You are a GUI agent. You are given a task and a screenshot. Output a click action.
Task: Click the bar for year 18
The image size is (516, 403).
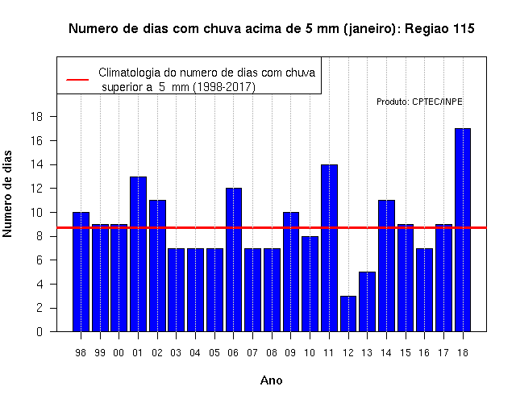coord(463,230)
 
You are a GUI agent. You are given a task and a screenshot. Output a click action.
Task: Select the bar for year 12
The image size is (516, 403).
coord(348,314)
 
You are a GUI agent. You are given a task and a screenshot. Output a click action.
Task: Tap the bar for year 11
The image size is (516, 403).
coord(329,248)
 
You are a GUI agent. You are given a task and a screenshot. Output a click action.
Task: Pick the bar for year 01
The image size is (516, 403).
coord(138,254)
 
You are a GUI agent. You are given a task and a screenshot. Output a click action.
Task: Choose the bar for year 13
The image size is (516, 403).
coord(368,301)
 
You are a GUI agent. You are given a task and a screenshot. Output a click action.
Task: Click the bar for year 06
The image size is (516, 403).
coord(234,260)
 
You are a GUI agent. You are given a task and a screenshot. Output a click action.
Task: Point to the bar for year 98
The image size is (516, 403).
coord(81,272)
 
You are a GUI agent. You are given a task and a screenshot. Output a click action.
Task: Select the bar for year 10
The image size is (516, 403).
coord(310,284)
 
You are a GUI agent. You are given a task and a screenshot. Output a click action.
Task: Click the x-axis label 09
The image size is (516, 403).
coord(290,353)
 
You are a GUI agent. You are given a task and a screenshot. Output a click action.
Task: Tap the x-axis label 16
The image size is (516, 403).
coord(424,353)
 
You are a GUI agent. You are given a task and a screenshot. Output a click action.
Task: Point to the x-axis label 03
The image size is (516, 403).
coord(176,353)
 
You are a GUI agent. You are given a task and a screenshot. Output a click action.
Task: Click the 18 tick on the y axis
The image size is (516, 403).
coord(37,116)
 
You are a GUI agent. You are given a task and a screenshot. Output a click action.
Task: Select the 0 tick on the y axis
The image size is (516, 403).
coord(40,331)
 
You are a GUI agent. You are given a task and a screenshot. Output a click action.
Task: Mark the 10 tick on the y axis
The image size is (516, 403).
coord(37,212)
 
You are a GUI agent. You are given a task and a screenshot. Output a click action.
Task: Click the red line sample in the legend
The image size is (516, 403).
coord(77,80)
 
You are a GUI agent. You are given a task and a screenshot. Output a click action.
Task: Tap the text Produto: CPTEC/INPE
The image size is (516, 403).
coord(419,102)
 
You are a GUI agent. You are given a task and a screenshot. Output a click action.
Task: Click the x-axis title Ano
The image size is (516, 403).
coord(271,380)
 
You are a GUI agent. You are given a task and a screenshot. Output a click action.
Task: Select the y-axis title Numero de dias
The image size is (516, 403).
coord(7,194)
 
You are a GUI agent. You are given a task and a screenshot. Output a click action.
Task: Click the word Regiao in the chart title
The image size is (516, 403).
coord(427,29)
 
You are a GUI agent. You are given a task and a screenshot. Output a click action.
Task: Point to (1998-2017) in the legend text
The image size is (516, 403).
coord(224,87)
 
